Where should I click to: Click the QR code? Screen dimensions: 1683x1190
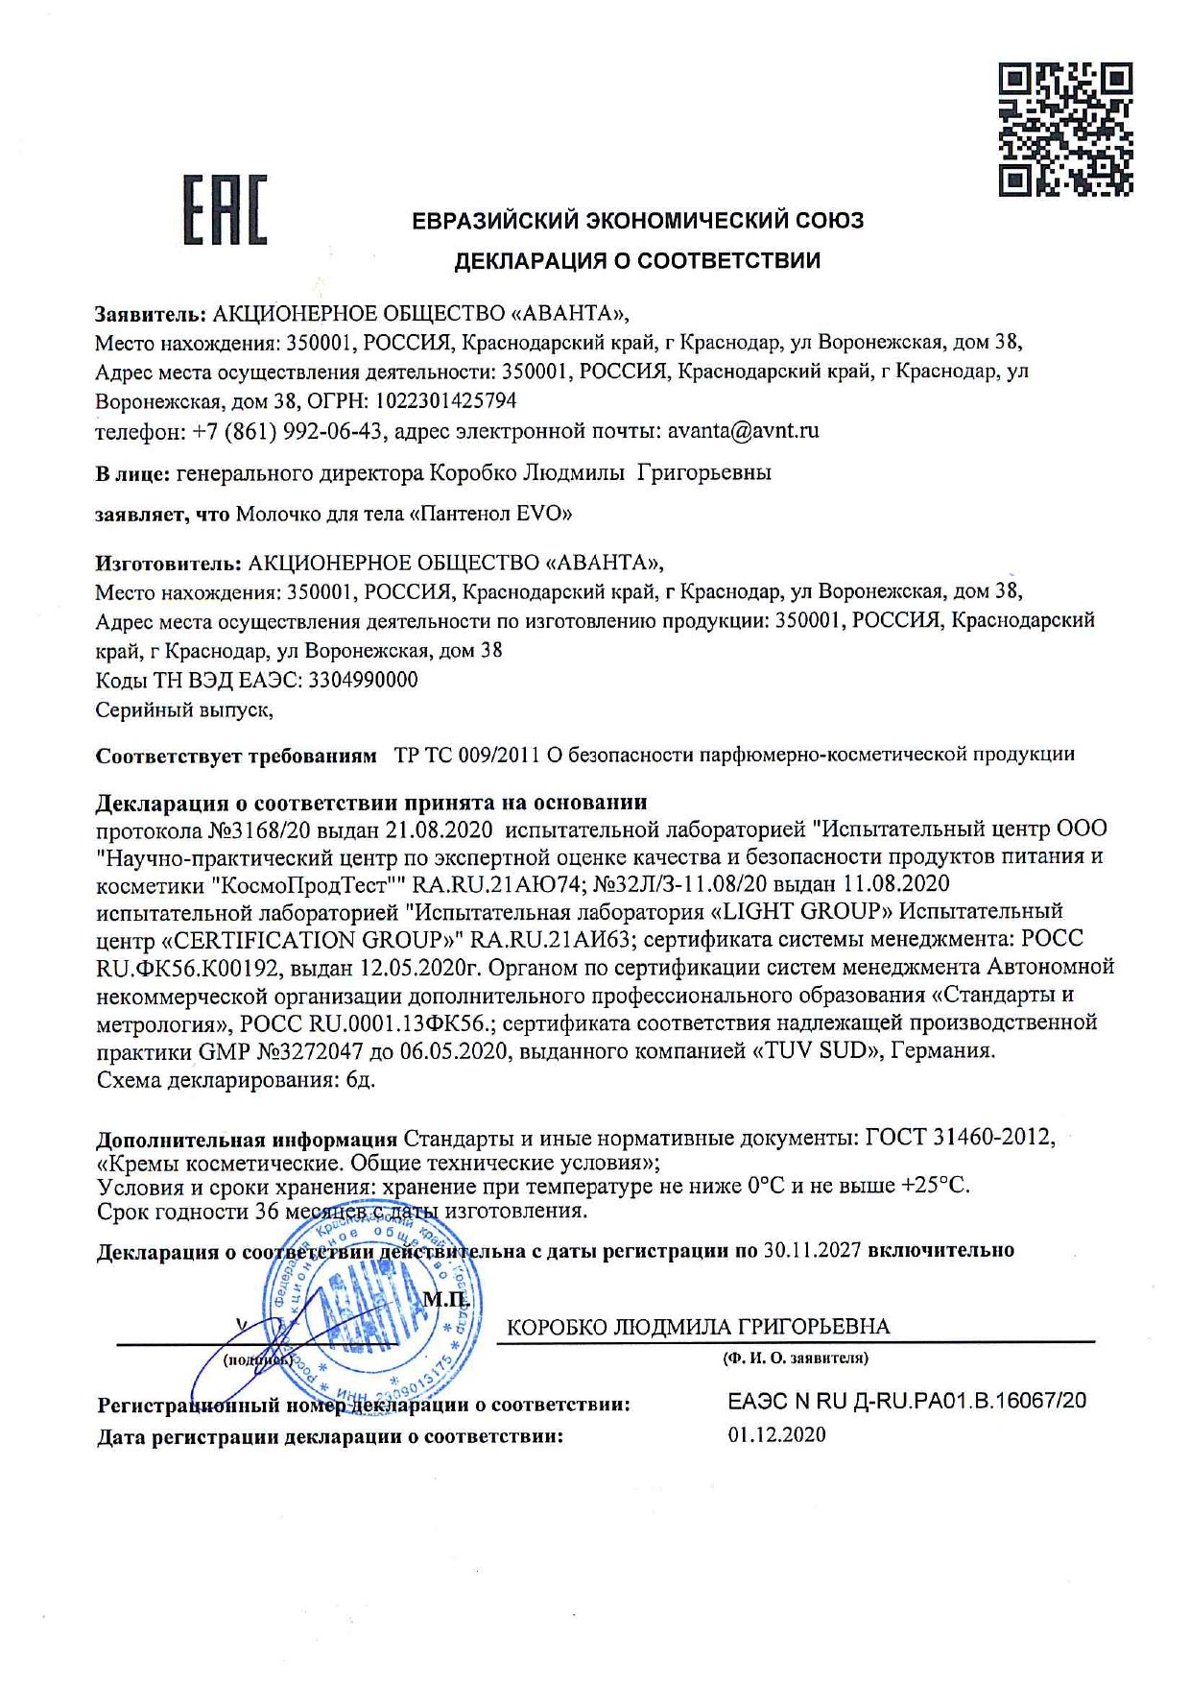click(1065, 130)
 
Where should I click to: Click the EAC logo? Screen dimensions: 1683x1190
click(225, 209)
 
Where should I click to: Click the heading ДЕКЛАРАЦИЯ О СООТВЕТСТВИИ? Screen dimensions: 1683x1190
click(637, 260)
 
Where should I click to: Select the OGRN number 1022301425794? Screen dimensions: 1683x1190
click(446, 400)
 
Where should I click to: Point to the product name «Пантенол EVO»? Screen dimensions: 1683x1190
click(490, 514)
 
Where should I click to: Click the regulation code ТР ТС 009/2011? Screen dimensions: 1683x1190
click(467, 755)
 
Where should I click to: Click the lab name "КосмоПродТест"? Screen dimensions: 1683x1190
click(306, 883)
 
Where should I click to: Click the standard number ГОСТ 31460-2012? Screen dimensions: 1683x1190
click(960, 1138)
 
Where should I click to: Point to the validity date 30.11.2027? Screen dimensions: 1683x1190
click(812, 1250)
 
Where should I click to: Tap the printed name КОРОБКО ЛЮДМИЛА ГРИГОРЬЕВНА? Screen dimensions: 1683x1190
click(698, 1327)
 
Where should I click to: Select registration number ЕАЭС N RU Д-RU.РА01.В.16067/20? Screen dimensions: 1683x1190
click(907, 1401)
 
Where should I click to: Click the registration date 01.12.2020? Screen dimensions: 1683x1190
click(776, 1435)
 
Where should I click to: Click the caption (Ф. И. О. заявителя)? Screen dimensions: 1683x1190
click(796, 1358)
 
